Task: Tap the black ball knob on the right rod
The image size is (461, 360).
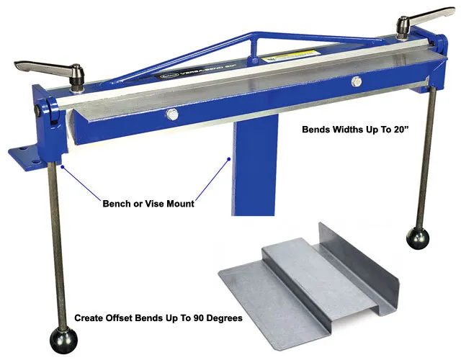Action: pyautogui.click(x=418, y=238)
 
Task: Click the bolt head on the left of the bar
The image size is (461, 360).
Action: pyautogui.click(x=171, y=114)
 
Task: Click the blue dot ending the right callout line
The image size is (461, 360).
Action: pyautogui.click(x=228, y=158)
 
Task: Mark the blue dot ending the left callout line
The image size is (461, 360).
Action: pyautogui.click(x=63, y=166)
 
